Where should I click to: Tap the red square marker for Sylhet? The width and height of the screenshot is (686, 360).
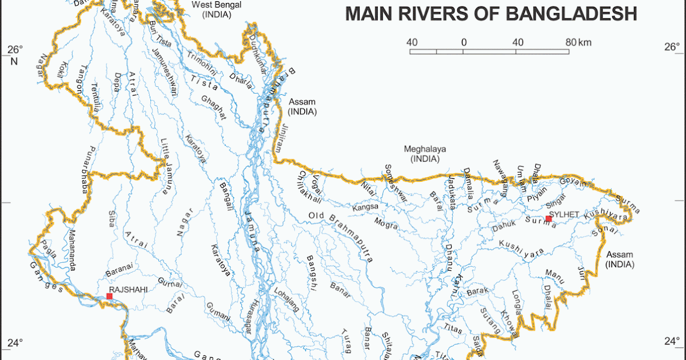[x=549, y=218]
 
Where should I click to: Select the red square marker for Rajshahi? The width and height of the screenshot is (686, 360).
[x=109, y=296]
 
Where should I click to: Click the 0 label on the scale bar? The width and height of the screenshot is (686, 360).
[x=464, y=42]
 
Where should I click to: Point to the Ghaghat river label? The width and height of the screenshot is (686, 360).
[x=214, y=107]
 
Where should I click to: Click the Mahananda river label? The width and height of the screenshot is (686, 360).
[x=72, y=250]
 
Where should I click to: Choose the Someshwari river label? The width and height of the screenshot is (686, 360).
[x=396, y=183]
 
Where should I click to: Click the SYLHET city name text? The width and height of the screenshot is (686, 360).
[x=566, y=214]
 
